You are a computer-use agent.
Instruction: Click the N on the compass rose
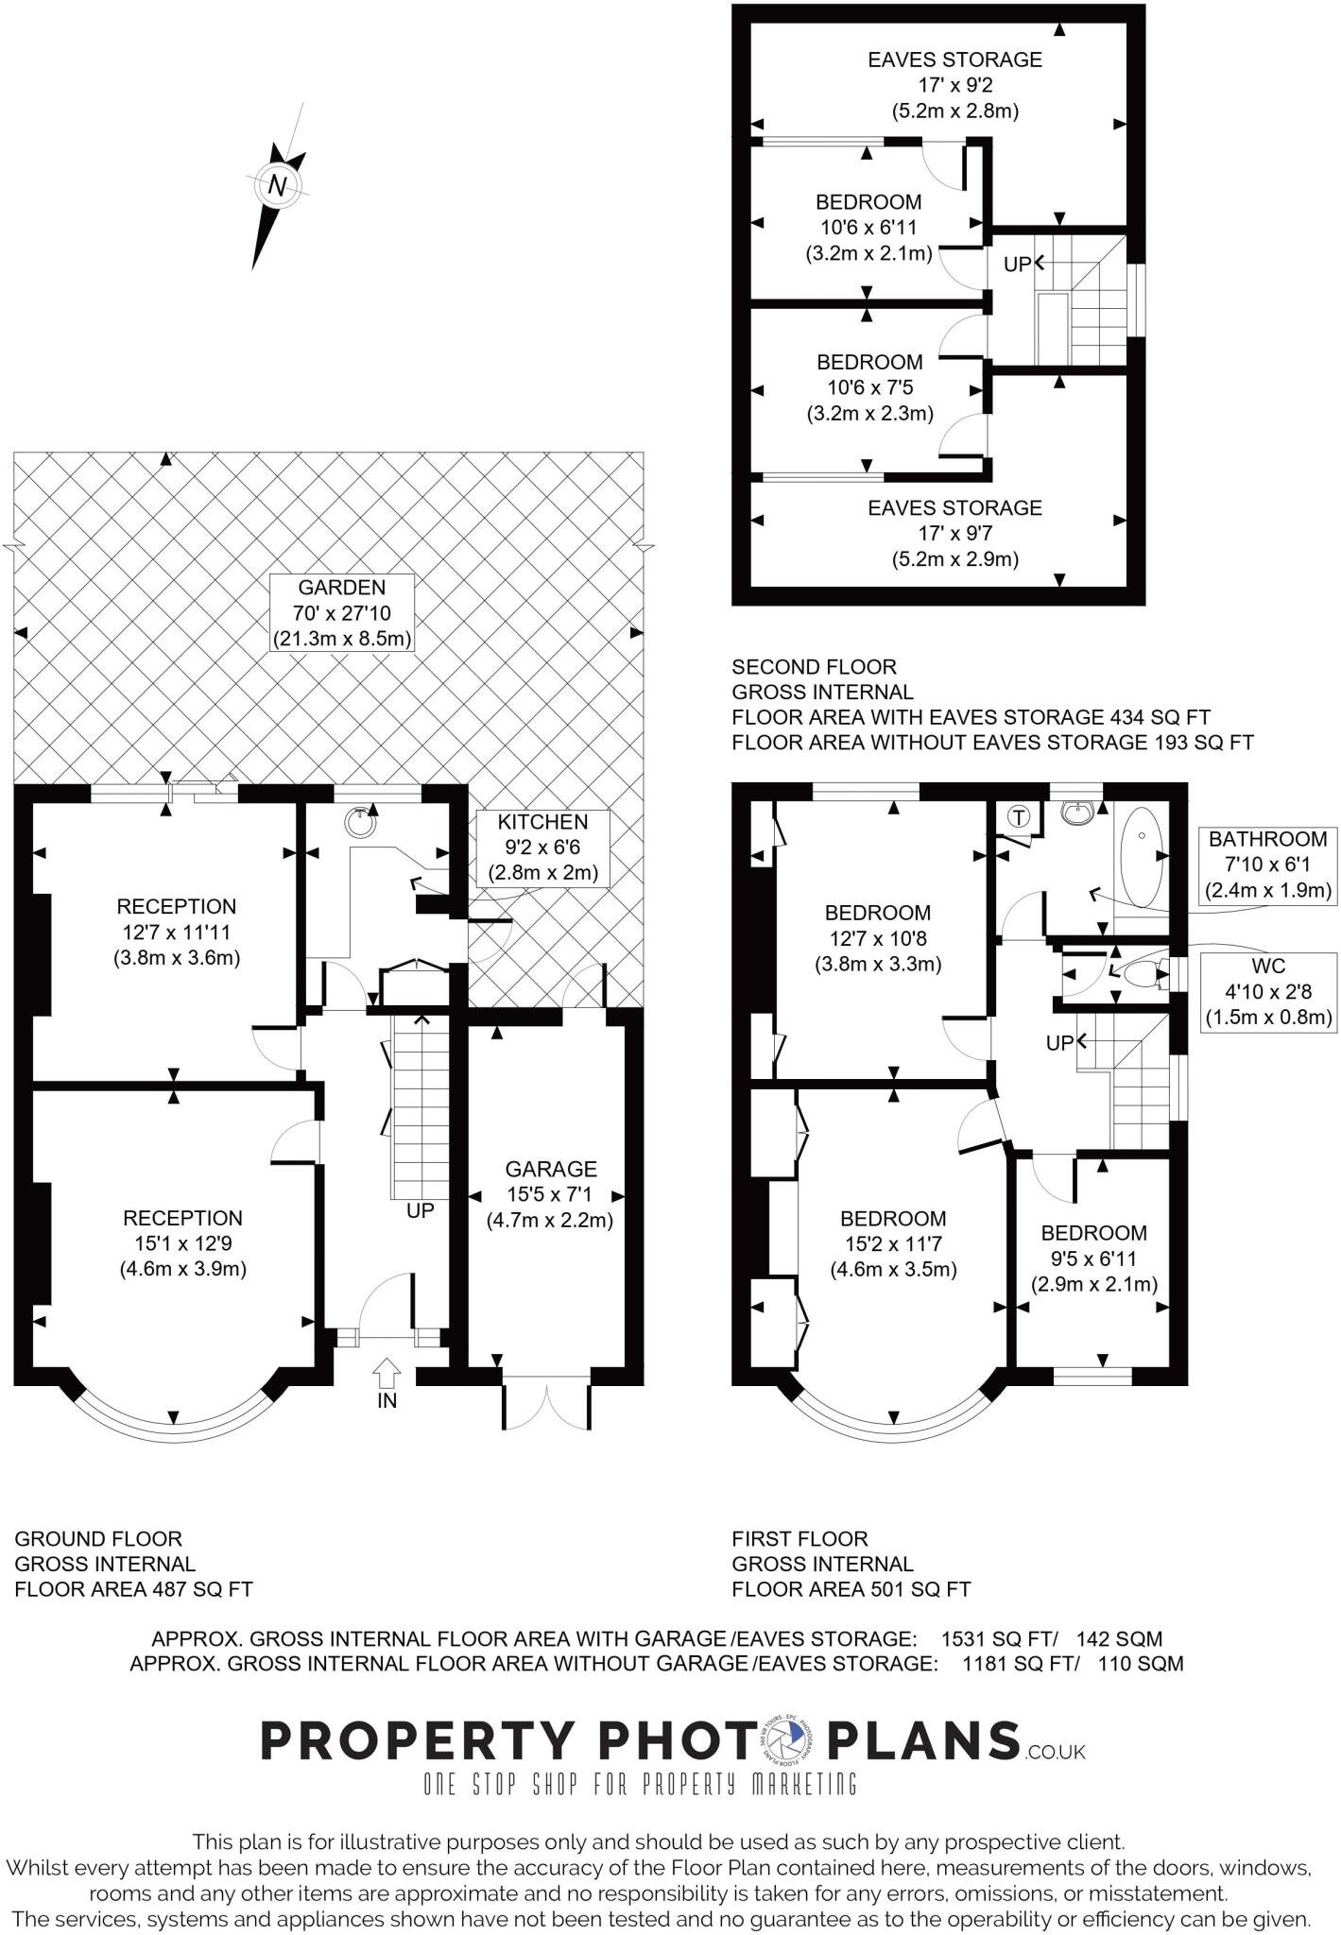(277, 185)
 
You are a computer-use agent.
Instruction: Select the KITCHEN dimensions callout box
(542, 847)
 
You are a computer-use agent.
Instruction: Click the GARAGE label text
(550, 1194)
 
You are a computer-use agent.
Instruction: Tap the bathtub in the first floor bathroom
(1142, 854)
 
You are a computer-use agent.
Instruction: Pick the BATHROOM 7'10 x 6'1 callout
(1267, 865)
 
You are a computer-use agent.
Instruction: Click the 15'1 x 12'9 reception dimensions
(182, 1243)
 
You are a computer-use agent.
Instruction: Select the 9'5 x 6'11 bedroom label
(1093, 1259)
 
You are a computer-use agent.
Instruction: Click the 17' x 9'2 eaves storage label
(954, 85)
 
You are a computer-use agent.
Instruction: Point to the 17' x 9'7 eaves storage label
(954, 533)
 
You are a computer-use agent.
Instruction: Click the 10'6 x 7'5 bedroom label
(868, 387)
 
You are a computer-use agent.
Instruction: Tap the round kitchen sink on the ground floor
(360, 823)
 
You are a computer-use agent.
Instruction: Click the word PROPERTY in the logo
(417, 1740)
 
